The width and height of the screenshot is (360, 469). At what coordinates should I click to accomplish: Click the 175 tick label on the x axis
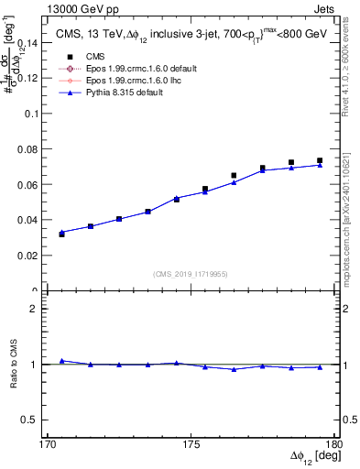point(191,444)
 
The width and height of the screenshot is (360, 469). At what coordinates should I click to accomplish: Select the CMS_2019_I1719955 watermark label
point(191,273)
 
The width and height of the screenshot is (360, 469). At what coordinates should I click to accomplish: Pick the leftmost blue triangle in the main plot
point(61,232)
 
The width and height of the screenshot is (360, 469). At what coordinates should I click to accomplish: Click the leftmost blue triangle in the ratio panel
point(61,361)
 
